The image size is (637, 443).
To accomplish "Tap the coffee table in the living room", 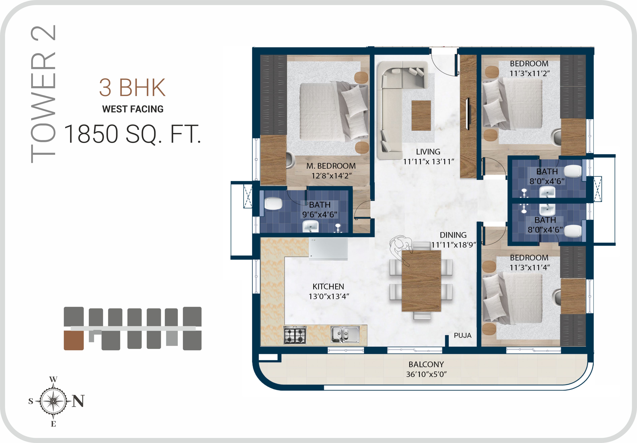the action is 421,116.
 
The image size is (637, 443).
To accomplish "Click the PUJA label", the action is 462,335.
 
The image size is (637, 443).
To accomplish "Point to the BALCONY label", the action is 426,364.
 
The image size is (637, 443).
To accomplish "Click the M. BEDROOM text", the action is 331,166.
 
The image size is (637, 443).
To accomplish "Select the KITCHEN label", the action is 328,286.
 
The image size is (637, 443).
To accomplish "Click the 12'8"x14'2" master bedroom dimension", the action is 331,176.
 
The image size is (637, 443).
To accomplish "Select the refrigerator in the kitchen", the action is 328,249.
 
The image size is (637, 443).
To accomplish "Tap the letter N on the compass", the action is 78,401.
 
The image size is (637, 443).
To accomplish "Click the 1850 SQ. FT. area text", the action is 132,134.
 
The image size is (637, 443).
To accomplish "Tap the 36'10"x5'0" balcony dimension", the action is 426,374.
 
